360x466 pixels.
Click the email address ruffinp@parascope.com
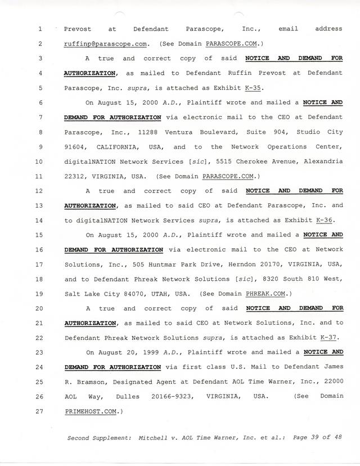(x=106, y=43)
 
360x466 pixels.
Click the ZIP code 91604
(x=76, y=147)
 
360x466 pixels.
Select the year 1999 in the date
(x=138, y=352)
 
